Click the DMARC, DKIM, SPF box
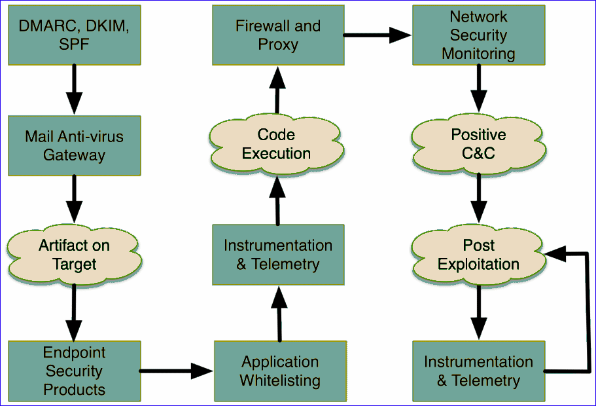click(74, 35)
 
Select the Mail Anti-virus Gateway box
click(74, 145)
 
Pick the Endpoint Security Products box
click(74, 371)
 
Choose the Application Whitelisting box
click(279, 371)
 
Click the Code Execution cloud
click(276, 144)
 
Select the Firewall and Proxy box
click(278, 35)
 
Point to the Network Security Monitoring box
click(478, 35)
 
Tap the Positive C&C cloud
click(478, 144)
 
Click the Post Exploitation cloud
click(478, 255)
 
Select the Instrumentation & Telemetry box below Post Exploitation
click(478, 371)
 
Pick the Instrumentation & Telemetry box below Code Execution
click(278, 255)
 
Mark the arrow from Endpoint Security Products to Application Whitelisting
click(177, 371)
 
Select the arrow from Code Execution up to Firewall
click(277, 92)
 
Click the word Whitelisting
click(280, 380)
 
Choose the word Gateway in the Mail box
click(74, 155)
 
